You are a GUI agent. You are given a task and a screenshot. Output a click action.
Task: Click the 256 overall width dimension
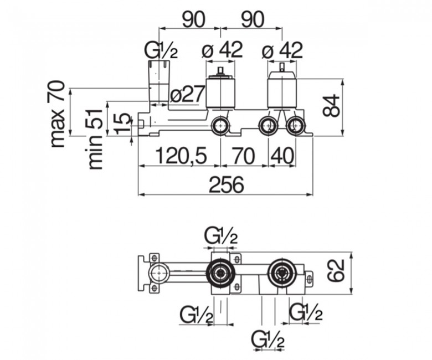pyautogui.click(x=227, y=184)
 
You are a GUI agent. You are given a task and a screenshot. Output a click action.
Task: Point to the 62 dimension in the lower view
pyautogui.click(x=336, y=270)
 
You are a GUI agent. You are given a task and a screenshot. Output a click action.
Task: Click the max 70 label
pyautogui.click(x=58, y=114)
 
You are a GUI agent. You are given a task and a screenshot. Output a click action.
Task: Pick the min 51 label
pyautogui.click(x=95, y=139)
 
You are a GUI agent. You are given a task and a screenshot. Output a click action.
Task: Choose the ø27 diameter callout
pyautogui.click(x=188, y=94)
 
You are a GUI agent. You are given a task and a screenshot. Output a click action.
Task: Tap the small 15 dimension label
pyautogui.click(x=123, y=123)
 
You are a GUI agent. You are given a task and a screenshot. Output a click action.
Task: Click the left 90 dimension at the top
pyautogui.click(x=194, y=19)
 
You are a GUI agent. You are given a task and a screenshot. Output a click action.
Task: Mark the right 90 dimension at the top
pyautogui.click(x=253, y=19)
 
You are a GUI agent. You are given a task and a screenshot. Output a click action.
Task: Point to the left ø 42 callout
pyautogui.click(x=222, y=50)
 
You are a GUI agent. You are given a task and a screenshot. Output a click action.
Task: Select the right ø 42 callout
pyautogui.click(x=282, y=50)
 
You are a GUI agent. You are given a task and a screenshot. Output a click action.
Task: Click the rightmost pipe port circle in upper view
pyautogui.click(x=295, y=126)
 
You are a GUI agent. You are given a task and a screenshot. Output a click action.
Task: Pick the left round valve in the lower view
pyautogui.click(x=220, y=272)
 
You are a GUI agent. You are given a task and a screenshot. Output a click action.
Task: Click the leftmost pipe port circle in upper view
pyautogui.click(x=220, y=126)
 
